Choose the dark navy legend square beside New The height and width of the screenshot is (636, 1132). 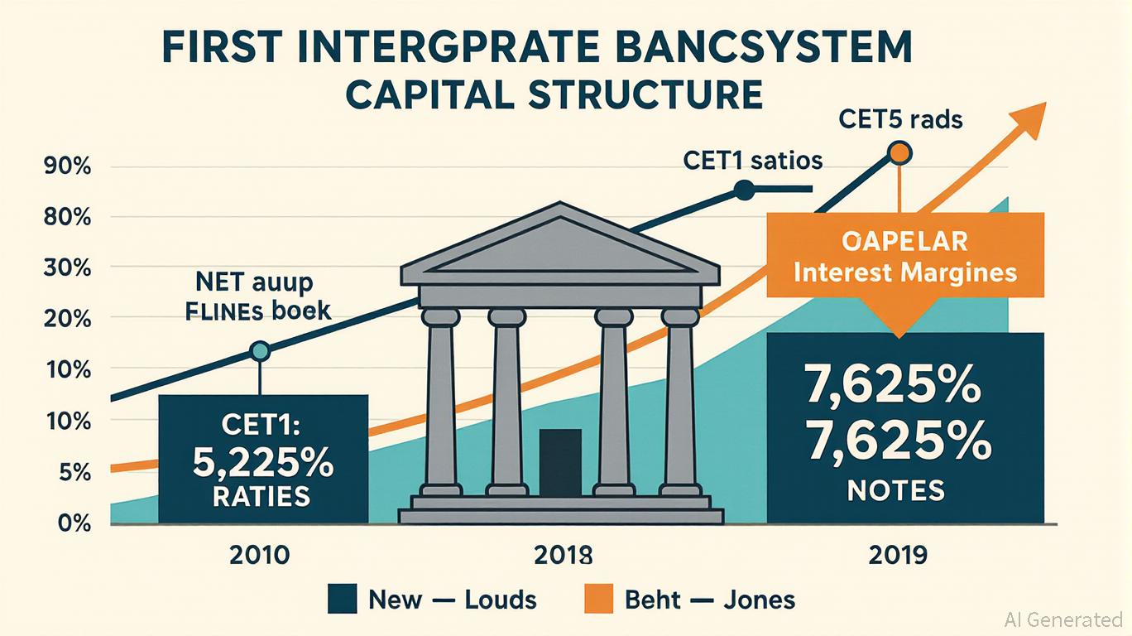coord(343,598)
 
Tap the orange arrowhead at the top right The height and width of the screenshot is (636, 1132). coord(1029,120)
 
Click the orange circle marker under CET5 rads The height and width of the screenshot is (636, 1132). coord(899,153)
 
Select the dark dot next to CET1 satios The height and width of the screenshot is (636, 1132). coord(744,190)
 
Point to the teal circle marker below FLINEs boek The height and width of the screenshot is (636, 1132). coord(260,351)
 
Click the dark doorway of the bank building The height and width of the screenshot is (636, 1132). coord(560,462)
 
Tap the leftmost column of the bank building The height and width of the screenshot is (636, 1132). coord(439,397)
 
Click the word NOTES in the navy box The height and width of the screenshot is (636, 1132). coord(895,492)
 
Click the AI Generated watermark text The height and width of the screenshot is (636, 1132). coord(1062,619)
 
